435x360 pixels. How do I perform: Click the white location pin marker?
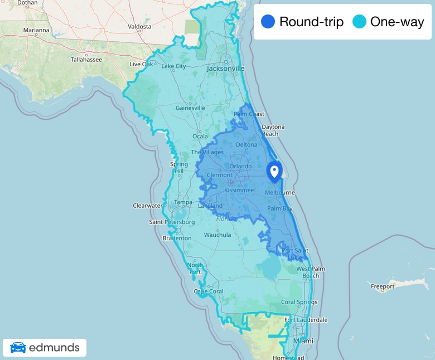coord(274,171)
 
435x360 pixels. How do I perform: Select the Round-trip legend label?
coord(311,22)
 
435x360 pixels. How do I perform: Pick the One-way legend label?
coord(397,22)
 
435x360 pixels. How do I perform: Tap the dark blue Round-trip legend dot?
coord(268,22)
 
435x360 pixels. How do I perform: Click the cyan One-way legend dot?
coord(360,22)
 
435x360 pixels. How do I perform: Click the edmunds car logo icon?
coord(18,348)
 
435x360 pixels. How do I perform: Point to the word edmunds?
coord(54,348)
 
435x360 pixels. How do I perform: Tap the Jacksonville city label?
coord(226,69)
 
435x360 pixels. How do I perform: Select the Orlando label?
coord(240,166)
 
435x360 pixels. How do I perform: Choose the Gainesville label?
coord(191,108)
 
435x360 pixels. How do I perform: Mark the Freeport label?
coord(383,286)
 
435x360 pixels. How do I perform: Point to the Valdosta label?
coord(139,26)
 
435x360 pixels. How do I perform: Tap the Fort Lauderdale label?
coord(306,320)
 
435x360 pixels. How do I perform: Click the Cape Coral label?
coord(208,291)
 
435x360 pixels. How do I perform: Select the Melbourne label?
coord(279,192)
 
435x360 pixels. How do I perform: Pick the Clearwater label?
coord(148,206)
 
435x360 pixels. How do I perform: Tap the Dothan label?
coord(27,3)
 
